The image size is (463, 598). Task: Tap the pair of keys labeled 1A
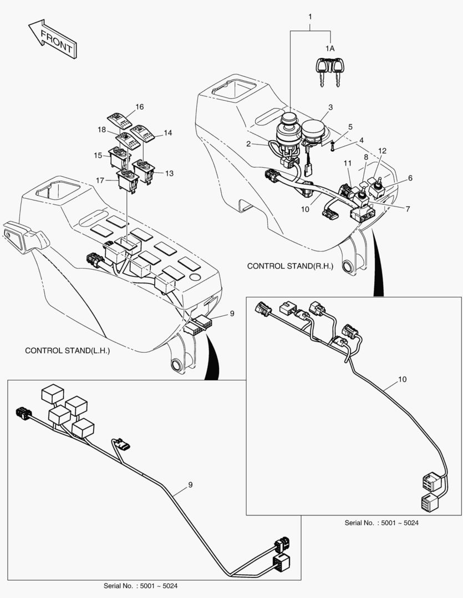(329, 71)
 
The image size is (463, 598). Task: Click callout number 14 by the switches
(168, 133)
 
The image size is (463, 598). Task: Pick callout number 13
(169, 173)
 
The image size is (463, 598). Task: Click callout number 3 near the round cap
(330, 107)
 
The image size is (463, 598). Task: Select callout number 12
(382, 151)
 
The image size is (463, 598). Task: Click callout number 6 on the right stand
(410, 178)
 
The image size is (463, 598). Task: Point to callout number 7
(408, 209)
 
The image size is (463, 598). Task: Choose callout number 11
(347, 163)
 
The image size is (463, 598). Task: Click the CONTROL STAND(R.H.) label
(290, 266)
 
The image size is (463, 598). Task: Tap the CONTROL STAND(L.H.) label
(67, 351)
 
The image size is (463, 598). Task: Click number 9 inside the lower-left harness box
(190, 485)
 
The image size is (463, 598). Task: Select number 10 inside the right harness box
(402, 380)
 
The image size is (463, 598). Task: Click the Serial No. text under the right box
(383, 523)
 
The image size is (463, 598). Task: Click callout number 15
(98, 156)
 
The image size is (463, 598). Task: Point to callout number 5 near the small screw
(350, 127)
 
